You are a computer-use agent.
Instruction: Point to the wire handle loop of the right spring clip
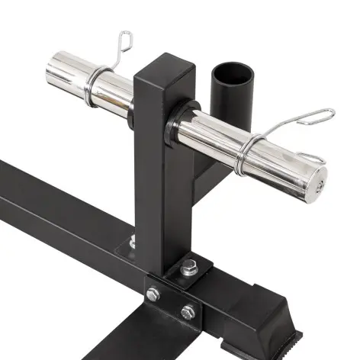pyautogui.click(x=314, y=117)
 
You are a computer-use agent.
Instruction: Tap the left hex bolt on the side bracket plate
pyautogui.click(x=154, y=294)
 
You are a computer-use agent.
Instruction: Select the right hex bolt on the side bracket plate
pyautogui.click(x=188, y=311)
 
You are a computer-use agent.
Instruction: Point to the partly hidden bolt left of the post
pyautogui.click(x=133, y=243)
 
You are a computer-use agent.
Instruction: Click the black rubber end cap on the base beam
pyautogui.click(x=271, y=305)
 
